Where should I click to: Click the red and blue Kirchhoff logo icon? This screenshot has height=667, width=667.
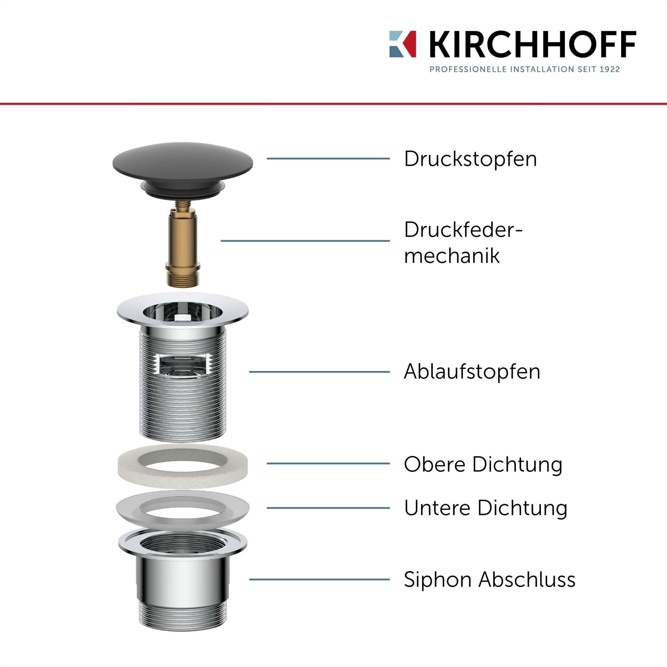[x=403, y=44]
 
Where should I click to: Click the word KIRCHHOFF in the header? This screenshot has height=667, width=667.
[x=533, y=44]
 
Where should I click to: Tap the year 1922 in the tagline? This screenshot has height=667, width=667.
[x=610, y=69]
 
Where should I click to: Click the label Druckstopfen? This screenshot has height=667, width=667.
[x=470, y=159]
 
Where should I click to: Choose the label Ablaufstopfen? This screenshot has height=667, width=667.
[x=472, y=371]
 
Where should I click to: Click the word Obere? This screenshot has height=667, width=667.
[x=435, y=464]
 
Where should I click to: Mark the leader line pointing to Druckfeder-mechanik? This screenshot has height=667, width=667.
[x=305, y=240]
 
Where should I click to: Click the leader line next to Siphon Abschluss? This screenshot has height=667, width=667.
[x=319, y=579]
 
